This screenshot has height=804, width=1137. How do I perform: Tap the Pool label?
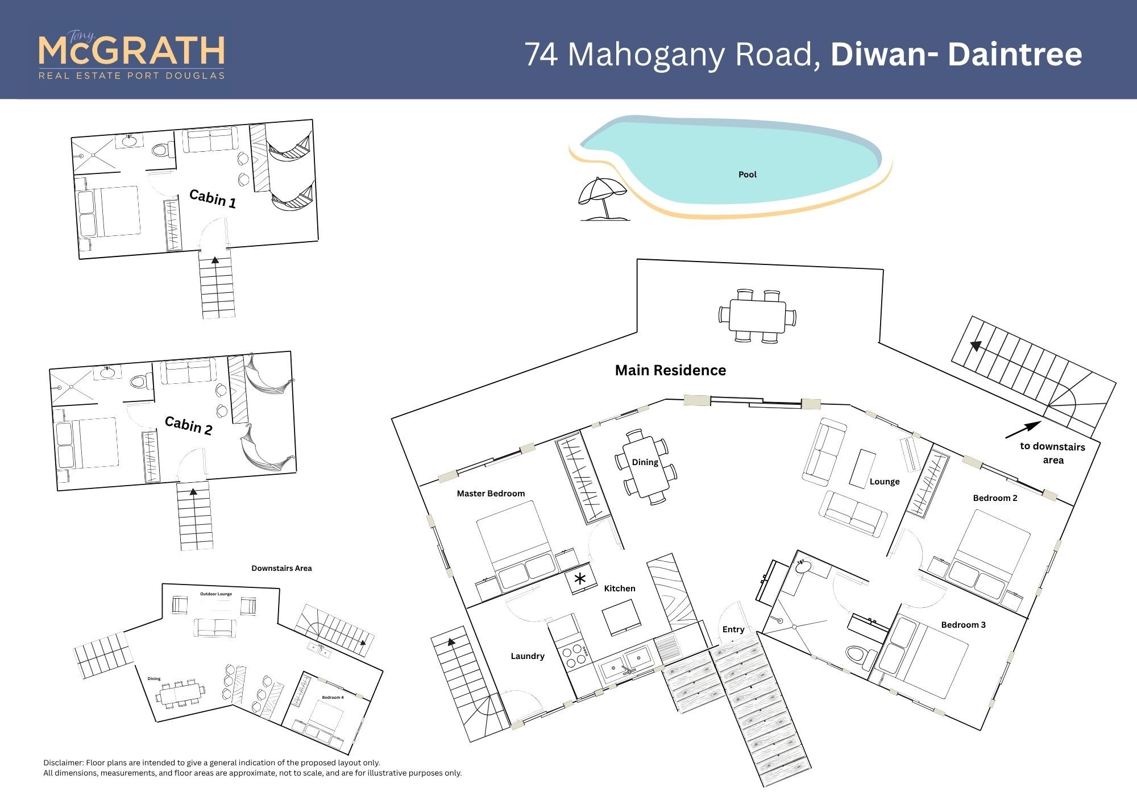click(747, 175)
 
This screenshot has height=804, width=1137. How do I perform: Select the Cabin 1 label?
click(213, 198)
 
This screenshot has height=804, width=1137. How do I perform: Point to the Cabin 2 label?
click(188, 425)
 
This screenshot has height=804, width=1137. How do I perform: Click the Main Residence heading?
click(670, 370)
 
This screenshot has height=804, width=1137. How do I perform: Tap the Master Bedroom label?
click(491, 494)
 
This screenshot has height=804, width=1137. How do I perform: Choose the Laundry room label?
click(528, 656)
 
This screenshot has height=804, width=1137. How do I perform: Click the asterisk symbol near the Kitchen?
click(580, 579)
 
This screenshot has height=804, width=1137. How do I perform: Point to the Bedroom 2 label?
click(995, 498)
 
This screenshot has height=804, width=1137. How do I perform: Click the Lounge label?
click(885, 482)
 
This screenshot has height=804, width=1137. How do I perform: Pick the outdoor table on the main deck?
click(757, 316)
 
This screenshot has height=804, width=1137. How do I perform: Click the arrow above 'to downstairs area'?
click(1023, 430)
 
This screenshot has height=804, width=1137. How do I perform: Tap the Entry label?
click(733, 629)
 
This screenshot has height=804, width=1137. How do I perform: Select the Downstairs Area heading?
click(281, 568)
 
